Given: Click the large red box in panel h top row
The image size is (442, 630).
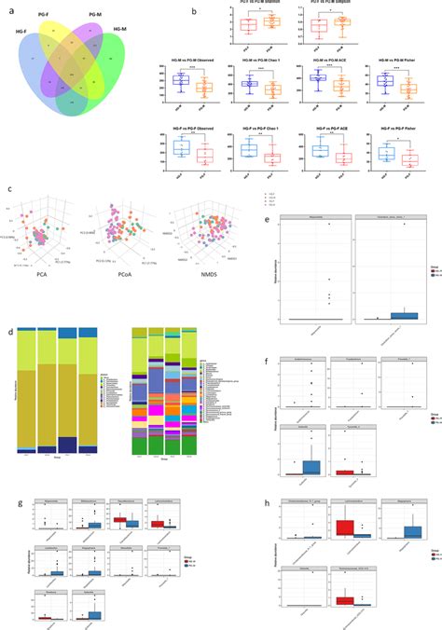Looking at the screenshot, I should pyautogui.click(x=344, y=527).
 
